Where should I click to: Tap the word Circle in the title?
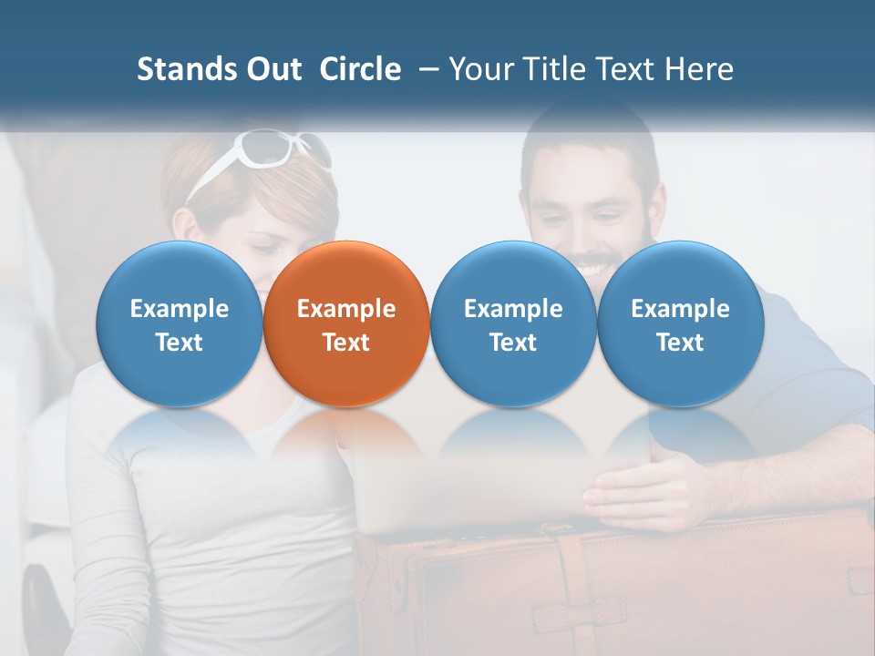tap(360, 69)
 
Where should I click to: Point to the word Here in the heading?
tap(700, 69)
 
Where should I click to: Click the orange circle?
tap(346, 324)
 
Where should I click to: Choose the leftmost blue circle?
tap(180, 324)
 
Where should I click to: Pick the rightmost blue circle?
tap(680, 324)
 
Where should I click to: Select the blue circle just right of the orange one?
tap(513, 324)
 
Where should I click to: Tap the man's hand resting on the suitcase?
tap(638, 487)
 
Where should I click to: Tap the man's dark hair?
tap(592, 137)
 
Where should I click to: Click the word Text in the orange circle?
tap(346, 343)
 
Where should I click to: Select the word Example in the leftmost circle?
tap(180, 309)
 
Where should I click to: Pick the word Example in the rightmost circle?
tap(680, 309)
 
